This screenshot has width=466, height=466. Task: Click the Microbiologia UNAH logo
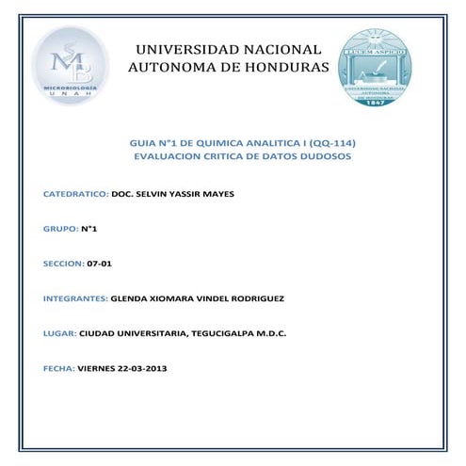tap(71, 66)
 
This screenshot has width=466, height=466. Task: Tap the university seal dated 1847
tap(382, 66)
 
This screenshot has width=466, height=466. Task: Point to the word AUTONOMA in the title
tap(170, 68)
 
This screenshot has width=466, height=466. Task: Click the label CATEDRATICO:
tap(75, 194)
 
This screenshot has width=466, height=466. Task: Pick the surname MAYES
tap(215, 194)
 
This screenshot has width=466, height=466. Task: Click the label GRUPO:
tap(60, 229)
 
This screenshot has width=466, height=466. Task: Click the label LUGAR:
tap(60, 333)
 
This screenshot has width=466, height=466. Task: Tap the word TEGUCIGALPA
tap(221, 333)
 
